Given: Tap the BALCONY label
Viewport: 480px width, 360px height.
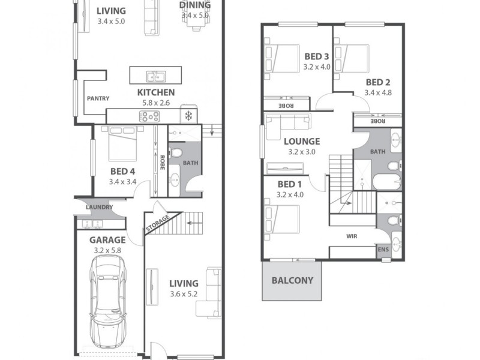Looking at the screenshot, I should coord(293,280).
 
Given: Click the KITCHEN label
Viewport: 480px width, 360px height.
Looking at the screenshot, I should coord(156,92).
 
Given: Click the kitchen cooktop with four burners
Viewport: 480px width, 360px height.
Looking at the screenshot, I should coord(149,116).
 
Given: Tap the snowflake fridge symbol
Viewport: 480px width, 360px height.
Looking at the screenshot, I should coord(188,115).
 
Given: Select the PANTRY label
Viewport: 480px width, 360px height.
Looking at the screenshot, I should coord(97,98).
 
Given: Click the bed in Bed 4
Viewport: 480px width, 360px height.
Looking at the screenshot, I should coord(123,145).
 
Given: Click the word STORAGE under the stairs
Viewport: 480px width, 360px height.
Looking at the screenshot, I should coord(157,223).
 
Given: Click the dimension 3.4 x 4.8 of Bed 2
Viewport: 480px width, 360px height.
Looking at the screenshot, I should coord(378,93).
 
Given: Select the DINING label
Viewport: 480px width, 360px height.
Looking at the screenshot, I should coord(194,5).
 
